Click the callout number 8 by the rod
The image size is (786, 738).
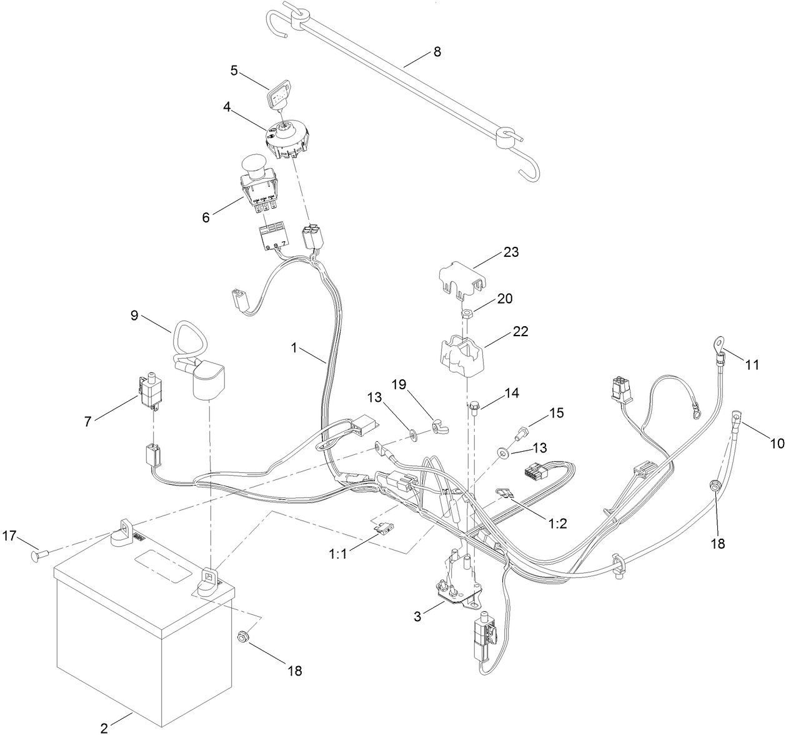pyautogui.click(x=437, y=52)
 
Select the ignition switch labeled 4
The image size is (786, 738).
pyautogui.click(x=288, y=141)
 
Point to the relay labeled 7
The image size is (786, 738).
pyautogui.click(x=147, y=392)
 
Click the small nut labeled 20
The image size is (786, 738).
pyautogui.click(x=466, y=311)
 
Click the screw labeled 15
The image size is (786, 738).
pyautogui.click(x=521, y=432)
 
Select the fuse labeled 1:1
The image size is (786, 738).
pyautogui.click(x=381, y=529)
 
